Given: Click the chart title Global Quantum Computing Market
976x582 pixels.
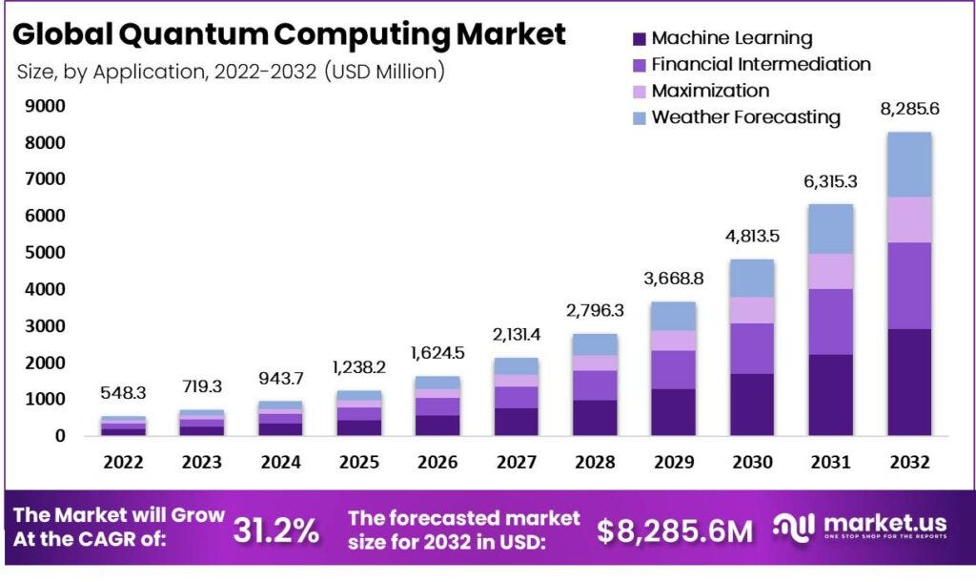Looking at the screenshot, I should tap(290, 34).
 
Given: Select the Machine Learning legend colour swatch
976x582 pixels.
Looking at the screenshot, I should tap(638, 39).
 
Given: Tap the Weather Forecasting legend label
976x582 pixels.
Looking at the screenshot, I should tap(745, 117).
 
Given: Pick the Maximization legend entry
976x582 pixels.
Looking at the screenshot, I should tap(710, 92).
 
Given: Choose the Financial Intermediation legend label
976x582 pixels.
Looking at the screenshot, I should tap(761, 65).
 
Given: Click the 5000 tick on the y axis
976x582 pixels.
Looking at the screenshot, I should tap(45, 253).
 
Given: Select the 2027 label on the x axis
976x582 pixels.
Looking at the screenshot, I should tap(516, 463).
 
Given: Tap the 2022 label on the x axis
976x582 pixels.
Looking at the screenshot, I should tap(124, 463).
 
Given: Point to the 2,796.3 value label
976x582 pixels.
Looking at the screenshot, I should tap(595, 311).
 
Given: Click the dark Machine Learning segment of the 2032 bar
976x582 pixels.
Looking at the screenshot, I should tap(908, 382).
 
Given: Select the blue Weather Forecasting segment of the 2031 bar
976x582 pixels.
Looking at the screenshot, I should tap(830, 229).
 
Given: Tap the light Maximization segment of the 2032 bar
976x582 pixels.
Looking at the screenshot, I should tap(908, 219).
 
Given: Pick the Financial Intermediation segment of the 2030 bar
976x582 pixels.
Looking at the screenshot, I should tap(752, 348).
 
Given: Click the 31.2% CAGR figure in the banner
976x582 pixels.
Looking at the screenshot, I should tap(276, 530).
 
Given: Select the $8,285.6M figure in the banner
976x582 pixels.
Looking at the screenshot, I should tap(675, 530).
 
